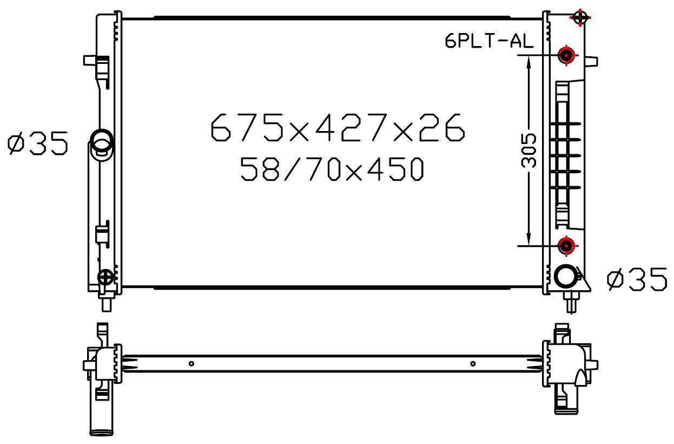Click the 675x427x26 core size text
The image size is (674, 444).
tap(338, 127)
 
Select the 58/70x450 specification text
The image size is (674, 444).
tap(332, 169)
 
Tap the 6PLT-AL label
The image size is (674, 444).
tap(489, 41)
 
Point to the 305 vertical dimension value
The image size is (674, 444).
tap(528, 151)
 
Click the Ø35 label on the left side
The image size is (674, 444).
tap(38, 143)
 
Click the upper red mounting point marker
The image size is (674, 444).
tap(566, 55)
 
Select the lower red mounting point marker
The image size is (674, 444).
tap(566, 246)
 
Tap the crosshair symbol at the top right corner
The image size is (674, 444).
tap(580, 17)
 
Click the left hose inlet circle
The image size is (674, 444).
tap(102, 141)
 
